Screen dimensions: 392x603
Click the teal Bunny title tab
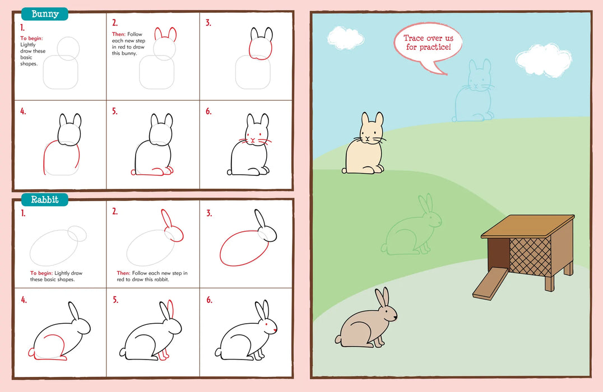[45, 14]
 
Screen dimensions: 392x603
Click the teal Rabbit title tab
[45, 199]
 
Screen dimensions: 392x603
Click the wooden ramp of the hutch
[489, 284]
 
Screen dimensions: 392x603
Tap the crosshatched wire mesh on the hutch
[530, 256]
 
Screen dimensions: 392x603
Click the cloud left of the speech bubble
[345, 37]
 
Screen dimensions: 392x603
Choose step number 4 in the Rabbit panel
[24, 300]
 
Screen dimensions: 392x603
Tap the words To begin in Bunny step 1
[31, 39]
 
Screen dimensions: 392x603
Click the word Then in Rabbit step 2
[123, 273]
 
